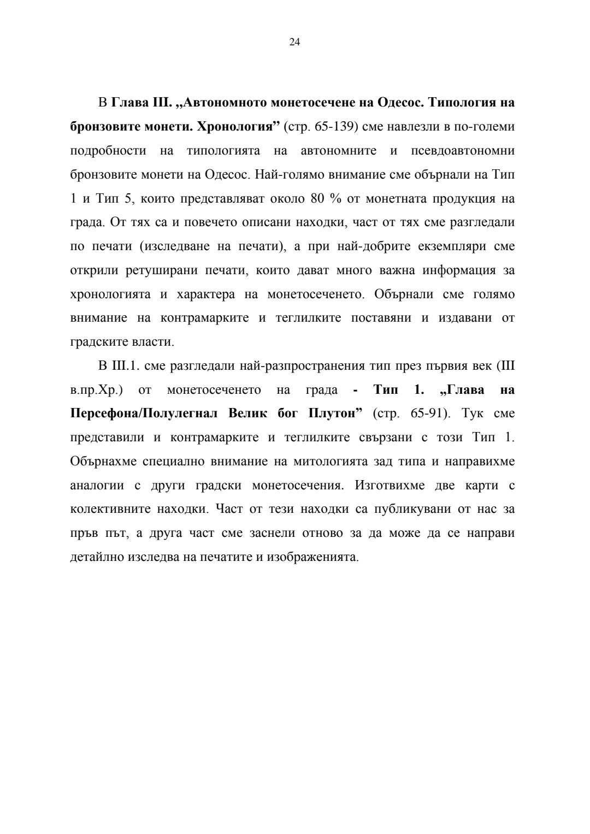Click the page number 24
pyautogui.click(x=294, y=43)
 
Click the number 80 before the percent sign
pyautogui.click(x=318, y=198)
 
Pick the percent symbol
pyautogui.click(x=335, y=198)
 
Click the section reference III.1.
pyautogui.click(x=127, y=366)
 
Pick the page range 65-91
pyautogui.click(x=426, y=413)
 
